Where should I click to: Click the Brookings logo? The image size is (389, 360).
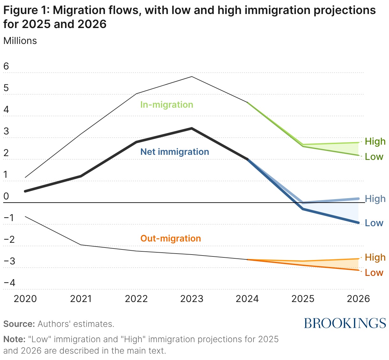(x=345, y=323)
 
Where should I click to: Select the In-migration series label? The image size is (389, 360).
(x=167, y=104)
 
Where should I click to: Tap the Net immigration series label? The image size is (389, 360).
(x=175, y=152)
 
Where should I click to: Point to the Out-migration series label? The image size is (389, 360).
(x=171, y=238)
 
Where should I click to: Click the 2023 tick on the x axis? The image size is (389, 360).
(x=192, y=299)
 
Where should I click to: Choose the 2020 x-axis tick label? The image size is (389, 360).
(x=26, y=299)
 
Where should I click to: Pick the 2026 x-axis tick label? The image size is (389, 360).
(x=358, y=299)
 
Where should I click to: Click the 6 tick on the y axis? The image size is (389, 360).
(x=6, y=66)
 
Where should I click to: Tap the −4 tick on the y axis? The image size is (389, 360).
(x=9, y=283)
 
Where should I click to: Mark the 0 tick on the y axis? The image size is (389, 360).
(x=6, y=196)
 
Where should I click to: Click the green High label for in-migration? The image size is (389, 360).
(x=375, y=141)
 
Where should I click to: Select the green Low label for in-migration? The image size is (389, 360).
(x=374, y=157)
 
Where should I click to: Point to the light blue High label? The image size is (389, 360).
(x=375, y=199)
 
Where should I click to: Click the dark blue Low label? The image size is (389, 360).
(x=374, y=223)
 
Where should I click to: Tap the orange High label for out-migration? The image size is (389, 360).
(x=375, y=257)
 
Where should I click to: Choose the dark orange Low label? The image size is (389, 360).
(x=374, y=273)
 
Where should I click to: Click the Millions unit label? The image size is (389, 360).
(x=20, y=41)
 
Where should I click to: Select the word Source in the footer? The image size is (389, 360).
(x=19, y=324)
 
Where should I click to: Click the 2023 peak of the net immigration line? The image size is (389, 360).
(x=192, y=128)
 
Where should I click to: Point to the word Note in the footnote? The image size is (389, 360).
(x=14, y=339)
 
